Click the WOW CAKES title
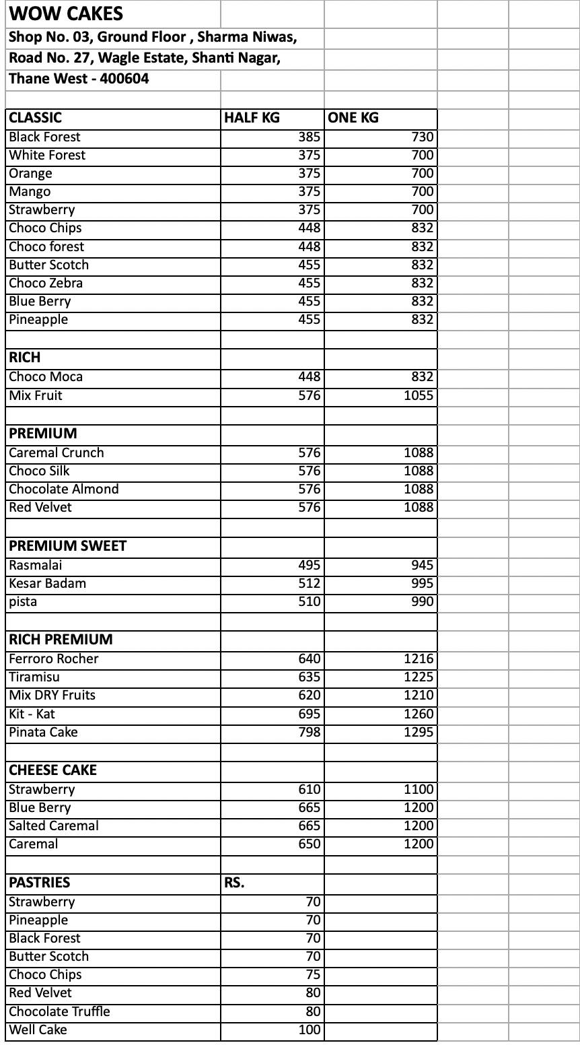(x=66, y=13)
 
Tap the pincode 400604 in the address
(x=124, y=79)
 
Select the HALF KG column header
(x=252, y=118)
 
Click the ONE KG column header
(x=353, y=118)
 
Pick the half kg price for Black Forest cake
(x=310, y=137)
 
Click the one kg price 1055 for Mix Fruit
(x=419, y=396)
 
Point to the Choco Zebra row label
(x=46, y=283)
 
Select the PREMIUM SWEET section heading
(x=67, y=546)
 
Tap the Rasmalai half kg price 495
(x=310, y=566)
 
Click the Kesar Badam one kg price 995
(x=423, y=584)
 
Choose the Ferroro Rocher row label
(x=54, y=659)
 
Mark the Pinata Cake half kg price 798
(x=310, y=733)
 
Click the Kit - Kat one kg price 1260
(x=419, y=714)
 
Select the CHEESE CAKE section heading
(x=52, y=770)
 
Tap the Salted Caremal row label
(x=54, y=826)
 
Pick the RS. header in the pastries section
(x=234, y=883)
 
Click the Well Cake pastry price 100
(x=310, y=1030)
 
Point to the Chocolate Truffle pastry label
(x=59, y=1012)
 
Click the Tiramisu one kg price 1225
(x=419, y=677)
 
